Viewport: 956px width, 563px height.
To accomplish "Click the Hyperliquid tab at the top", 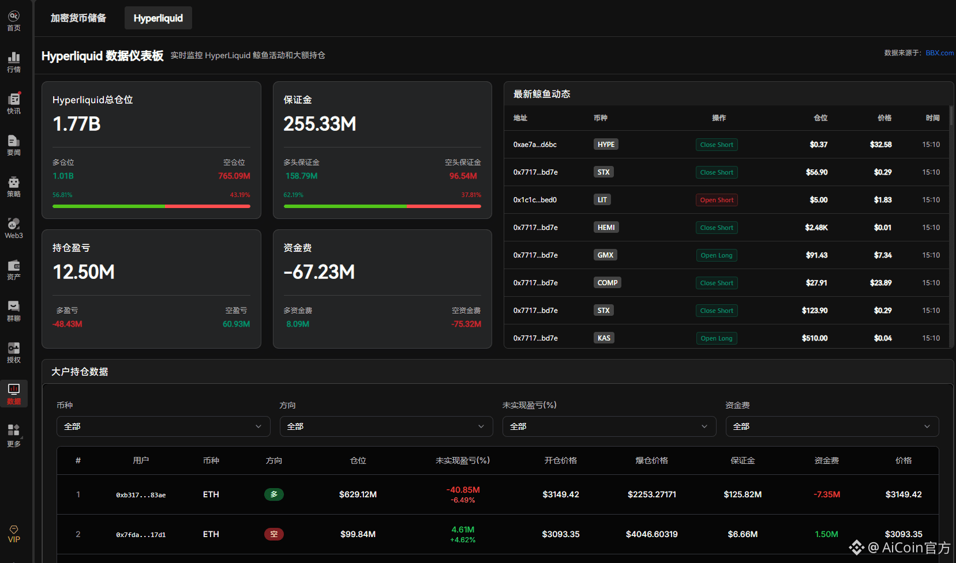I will (x=158, y=18).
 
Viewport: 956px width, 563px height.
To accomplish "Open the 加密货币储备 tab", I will (x=78, y=18).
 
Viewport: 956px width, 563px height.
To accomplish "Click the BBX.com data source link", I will (x=939, y=53).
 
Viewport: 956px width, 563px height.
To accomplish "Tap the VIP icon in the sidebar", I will (x=14, y=534).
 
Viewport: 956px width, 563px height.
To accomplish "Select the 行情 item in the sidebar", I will (x=14, y=62).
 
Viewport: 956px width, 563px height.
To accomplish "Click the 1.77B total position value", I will (x=77, y=124).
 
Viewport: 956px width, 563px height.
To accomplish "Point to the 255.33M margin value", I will (x=320, y=124).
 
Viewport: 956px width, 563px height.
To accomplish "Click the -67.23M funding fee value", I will (x=319, y=272).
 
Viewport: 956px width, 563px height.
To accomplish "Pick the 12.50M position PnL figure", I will (x=84, y=272).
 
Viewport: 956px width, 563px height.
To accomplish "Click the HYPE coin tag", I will (x=606, y=145).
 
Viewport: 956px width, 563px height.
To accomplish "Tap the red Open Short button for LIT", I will (x=717, y=200).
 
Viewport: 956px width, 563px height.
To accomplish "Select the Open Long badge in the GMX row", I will (x=717, y=255).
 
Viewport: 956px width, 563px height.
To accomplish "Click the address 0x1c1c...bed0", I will (x=535, y=200).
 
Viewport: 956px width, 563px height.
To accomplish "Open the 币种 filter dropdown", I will (x=163, y=426).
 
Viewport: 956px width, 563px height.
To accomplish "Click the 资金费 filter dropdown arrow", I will (x=927, y=426).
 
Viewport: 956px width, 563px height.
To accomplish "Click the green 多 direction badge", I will (x=274, y=494).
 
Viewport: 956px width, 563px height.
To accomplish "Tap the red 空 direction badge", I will (x=274, y=534).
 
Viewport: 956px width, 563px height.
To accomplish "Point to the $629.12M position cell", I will (x=358, y=494).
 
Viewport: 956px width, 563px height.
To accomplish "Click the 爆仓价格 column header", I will (x=651, y=460).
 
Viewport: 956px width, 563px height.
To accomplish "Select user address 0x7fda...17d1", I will (x=141, y=535).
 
